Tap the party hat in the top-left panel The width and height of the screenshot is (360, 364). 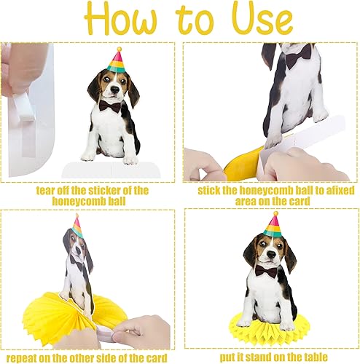tap(116, 60)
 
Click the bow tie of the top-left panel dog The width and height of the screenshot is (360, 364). tap(111, 106)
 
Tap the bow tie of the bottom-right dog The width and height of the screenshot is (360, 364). tap(266, 272)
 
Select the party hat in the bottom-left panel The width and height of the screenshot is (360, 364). tap(77, 226)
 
